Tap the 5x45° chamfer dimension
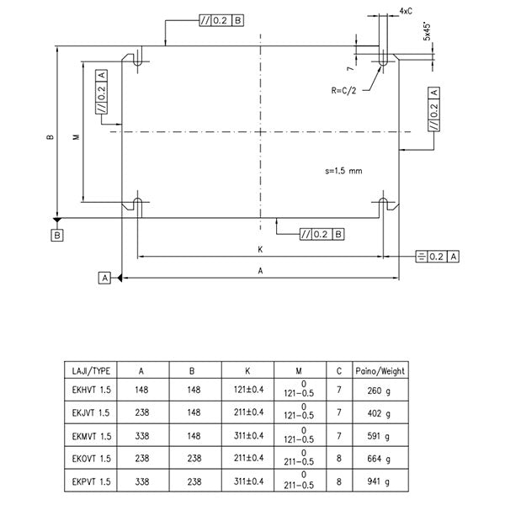pos(428,30)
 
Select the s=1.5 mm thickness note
pos(343,170)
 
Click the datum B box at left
pos(56,237)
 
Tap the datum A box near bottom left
pos(105,277)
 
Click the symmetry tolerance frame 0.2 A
pos(439,255)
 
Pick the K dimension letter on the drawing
pos(261,248)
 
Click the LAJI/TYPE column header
pos(88,369)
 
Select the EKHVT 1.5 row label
pos(88,391)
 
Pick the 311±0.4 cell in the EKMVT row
pos(247,436)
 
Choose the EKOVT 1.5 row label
pos(88,460)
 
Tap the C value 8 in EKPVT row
pos(338,483)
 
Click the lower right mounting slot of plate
pos(385,205)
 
